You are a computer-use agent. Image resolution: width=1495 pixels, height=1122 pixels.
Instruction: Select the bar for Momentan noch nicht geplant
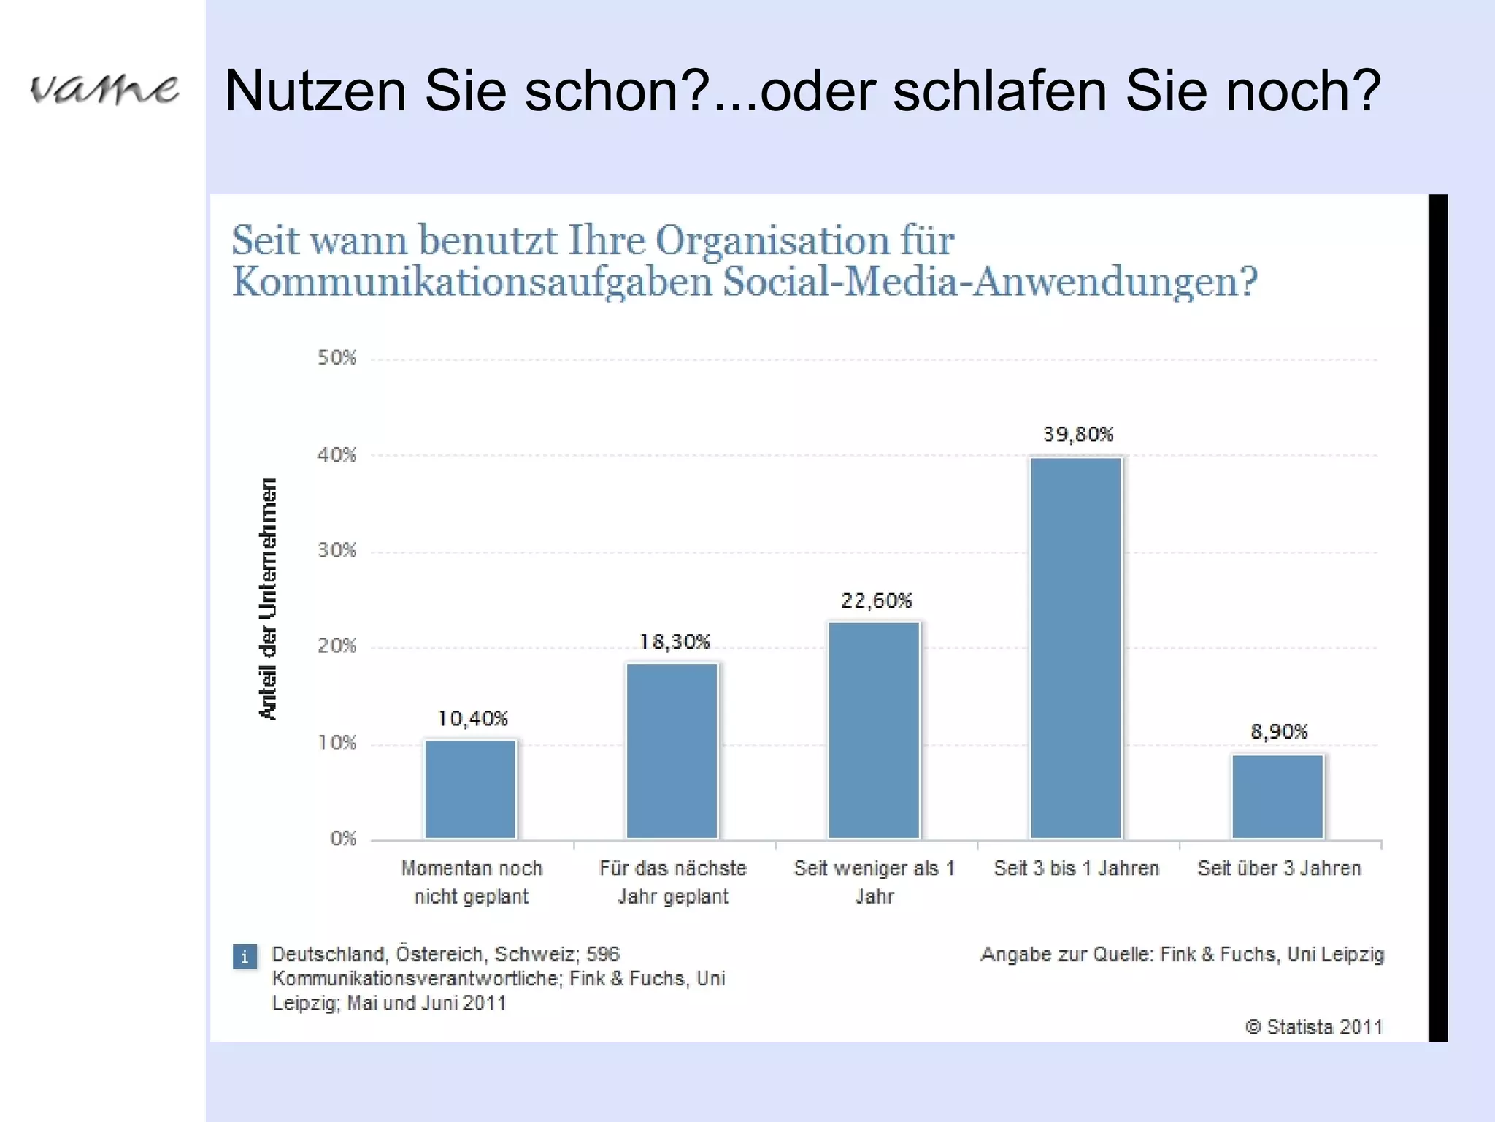[471, 789]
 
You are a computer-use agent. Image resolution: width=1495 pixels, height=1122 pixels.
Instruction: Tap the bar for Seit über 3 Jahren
[1277, 796]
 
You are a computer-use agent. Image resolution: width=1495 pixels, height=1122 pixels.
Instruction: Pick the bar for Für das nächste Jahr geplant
[672, 751]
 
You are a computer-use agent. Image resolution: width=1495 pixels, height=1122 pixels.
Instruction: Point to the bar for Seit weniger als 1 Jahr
[875, 730]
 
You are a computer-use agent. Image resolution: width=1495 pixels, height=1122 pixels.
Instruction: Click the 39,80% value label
[1078, 435]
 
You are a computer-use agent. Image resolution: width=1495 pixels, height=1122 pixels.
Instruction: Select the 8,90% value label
[1279, 731]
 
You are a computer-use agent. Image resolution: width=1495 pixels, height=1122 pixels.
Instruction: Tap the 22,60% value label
[876, 600]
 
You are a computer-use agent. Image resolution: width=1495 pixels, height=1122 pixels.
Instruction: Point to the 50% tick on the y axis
[337, 357]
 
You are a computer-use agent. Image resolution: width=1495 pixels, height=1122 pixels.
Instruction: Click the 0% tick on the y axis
[343, 838]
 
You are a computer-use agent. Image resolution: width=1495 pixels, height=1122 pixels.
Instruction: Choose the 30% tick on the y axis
[337, 550]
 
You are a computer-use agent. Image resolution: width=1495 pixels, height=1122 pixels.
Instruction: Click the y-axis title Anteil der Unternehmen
[268, 599]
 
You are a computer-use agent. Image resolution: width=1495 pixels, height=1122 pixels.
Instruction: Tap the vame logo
[104, 89]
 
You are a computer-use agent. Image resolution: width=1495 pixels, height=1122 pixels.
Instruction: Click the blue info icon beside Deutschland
[245, 956]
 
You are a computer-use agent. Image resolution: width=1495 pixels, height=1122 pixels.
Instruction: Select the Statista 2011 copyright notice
[1314, 1027]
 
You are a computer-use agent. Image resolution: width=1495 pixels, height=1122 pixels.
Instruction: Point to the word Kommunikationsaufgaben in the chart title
[472, 283]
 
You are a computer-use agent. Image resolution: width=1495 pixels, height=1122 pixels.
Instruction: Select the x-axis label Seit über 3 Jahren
[1279, 869]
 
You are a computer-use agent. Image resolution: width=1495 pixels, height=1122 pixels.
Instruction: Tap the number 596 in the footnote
[603, 954]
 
